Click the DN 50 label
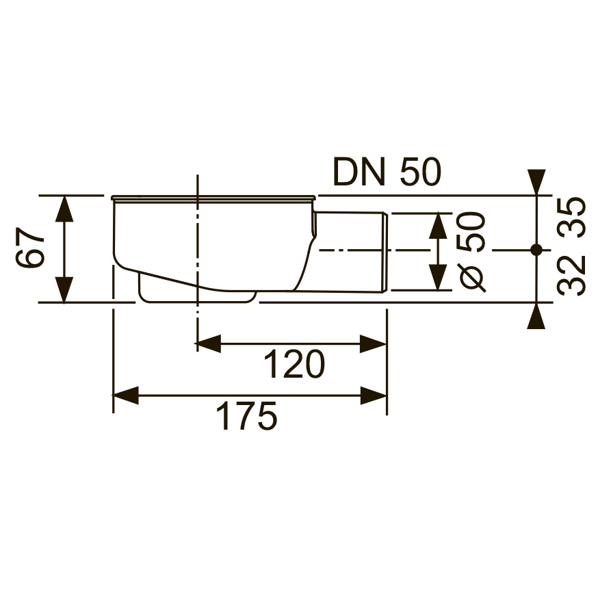387,172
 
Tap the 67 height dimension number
31,248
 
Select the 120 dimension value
294,364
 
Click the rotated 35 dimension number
571,218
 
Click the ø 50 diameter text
473,252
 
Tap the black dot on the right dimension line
536,250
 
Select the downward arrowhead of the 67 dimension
64,289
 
